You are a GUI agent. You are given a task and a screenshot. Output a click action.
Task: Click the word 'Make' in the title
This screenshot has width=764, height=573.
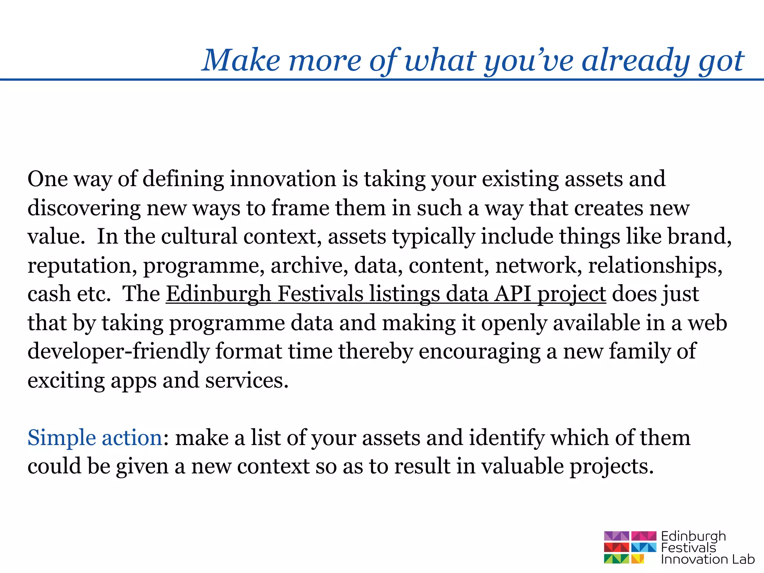[241, 60]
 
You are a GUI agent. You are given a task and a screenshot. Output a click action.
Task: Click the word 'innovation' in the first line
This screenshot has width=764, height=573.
[283, 179]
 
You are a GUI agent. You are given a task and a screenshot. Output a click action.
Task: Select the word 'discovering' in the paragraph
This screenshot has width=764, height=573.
[84, 208]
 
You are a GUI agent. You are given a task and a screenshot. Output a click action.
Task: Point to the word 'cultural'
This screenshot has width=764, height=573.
[199, 237]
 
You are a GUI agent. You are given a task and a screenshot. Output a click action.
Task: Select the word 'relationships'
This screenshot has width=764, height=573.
[655, 266]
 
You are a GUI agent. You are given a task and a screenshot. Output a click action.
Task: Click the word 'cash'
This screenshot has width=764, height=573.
[49, 294]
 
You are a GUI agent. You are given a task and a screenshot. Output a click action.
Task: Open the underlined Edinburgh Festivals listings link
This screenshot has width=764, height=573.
[386, 294]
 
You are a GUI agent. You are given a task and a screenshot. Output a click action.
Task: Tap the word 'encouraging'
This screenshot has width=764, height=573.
[479, 351]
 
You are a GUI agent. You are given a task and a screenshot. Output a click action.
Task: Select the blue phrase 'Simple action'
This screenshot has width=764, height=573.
[95, 438]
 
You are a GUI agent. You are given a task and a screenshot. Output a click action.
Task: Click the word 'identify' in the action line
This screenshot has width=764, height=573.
[507, 438]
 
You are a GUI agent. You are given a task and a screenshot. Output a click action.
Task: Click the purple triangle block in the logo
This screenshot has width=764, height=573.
[616, 536]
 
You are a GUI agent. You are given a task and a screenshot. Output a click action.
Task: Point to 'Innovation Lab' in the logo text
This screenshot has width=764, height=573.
[707, 559]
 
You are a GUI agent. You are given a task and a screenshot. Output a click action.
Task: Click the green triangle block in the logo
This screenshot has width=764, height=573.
[616, 559]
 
